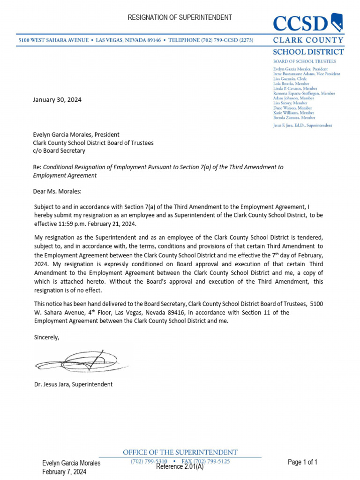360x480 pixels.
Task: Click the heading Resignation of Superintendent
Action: (180, 17)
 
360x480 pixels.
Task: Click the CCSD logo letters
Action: (300, 23)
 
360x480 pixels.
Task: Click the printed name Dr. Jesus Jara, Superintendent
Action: (73, 384)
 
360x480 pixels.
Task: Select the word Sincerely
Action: (47, 337)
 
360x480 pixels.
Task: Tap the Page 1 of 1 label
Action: (302, 462)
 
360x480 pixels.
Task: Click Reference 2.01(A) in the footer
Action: (180, 467)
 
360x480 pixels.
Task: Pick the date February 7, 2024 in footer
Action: (64, 472)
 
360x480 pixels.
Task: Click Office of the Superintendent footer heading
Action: (180, 452)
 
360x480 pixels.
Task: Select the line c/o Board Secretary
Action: (59, 151)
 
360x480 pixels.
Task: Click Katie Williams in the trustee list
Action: (287, 113)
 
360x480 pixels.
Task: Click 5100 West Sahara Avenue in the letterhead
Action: (53, 41)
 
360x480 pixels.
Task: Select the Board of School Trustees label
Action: (304, 61)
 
